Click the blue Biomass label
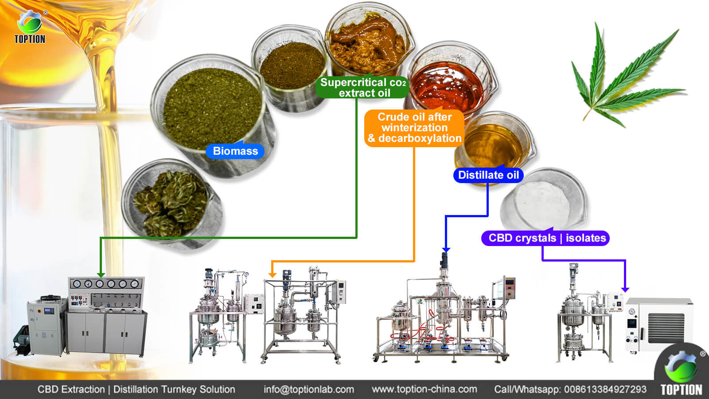pos(235,151)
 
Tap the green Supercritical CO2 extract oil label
pos(363,87)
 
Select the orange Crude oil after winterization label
pos(414,128)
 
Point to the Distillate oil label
pos(488,175)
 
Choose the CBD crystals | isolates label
pos(545,238)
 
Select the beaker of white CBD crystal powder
pos(544,200)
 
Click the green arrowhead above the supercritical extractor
pos(101,274)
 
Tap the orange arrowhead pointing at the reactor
pos(272,274)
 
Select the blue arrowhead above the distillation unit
pos(446,250)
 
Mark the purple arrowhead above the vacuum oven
pos(625,289)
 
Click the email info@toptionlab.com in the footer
pos(308,389)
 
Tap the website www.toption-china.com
pos(425,389)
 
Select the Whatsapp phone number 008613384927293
pos(605,389)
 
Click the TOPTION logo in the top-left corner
pos(30,27)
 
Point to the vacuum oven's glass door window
pos(666,328)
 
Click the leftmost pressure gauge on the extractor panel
pos(77,284)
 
